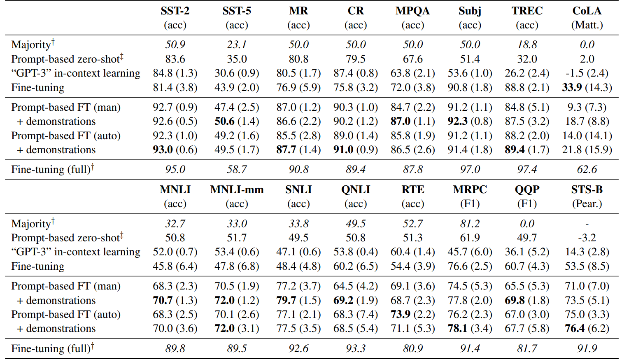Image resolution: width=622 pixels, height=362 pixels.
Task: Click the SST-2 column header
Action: click(x=175, y=11)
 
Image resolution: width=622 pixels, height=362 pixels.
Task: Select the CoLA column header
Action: click(x=587, y=11)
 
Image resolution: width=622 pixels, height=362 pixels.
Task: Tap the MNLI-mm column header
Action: click(x=237, y=190)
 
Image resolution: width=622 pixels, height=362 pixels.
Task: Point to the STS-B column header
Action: click(x=587, y=190)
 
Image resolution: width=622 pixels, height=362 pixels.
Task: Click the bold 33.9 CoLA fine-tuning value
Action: click(x=572, y=87)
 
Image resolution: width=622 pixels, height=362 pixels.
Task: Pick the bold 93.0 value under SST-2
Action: click(x=163, y=149)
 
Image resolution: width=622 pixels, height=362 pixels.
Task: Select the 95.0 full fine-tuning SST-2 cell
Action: click(x=175, y=169)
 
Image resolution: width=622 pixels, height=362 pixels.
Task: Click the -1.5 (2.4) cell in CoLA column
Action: click(x=587, y=73)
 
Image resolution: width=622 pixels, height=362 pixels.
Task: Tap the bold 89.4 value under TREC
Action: click(x=515, y=149)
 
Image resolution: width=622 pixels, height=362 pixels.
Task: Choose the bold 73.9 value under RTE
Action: click(x=400, y=314)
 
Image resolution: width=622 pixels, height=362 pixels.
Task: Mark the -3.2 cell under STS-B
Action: click(x=587, y=238)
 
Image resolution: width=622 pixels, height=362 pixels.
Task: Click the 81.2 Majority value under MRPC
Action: click(x=470, y=224)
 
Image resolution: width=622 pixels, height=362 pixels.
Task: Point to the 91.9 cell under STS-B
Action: click(x=587, y=348)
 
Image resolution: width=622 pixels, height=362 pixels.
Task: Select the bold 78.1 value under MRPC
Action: click(x=457, y=328)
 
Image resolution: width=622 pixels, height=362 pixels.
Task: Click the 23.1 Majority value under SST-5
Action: click(x=237, y=44)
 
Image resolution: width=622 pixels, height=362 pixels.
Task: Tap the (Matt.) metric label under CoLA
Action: click(x=587, y=25)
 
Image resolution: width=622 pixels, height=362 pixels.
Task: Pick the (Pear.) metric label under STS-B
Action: click(x=587, y=204)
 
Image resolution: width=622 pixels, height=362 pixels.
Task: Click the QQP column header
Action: click(x=527, y=190)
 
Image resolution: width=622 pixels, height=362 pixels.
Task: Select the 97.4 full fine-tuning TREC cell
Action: click(x=527, y=169)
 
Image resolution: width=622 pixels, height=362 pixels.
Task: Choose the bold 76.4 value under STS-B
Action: click(x=575, y=328)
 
